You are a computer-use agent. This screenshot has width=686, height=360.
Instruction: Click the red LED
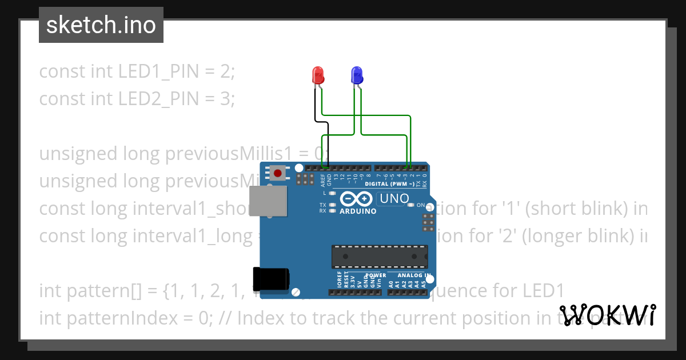(x=318, y=75)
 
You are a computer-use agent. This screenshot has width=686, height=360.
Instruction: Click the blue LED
(x=356, y=75)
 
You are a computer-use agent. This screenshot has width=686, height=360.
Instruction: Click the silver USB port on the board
(x=269, y=202)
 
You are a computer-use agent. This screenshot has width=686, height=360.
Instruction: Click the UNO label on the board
(x=394, y=199)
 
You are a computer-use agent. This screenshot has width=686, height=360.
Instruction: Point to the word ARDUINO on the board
(x=358, y=211)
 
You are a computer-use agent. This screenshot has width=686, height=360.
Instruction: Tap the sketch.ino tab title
(x=101, y=25)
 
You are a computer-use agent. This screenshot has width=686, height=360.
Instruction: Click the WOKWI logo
(x=607, y=315)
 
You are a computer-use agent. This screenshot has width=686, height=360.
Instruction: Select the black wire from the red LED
(x=315, y=109)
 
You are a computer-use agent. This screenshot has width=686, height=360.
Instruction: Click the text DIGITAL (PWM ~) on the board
(x=389, y=184)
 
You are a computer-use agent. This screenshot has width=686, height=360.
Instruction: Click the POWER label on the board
(x=376, y=275)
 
